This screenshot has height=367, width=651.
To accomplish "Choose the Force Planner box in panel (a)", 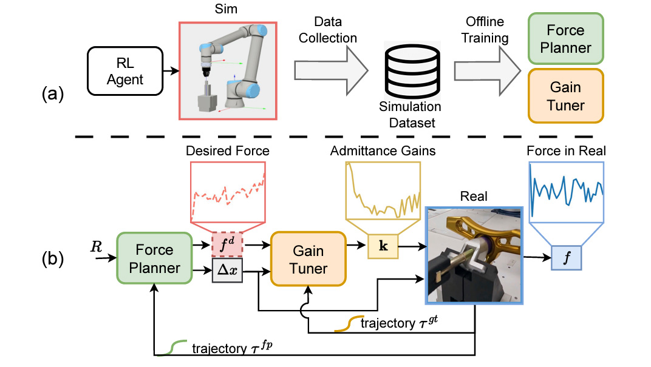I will point(565,38).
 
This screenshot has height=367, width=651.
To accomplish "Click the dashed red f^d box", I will point(227,245).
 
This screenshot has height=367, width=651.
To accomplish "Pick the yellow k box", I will point(383,246).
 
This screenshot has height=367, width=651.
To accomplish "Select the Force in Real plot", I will point(567,190).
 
